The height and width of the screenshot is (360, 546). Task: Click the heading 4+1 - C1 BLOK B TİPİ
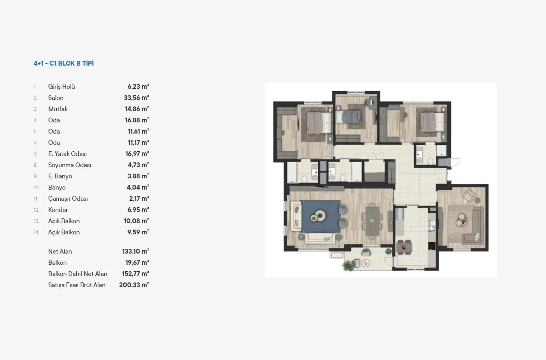pyautogui.click(x=64, y=63)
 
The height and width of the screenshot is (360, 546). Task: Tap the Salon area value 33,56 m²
pyautogui.click(x=136, y=98)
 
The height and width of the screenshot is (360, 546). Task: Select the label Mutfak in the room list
pyautogui.click(x=58, y=109)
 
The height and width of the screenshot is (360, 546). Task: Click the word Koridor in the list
pyautogui.click(x=58, y=210)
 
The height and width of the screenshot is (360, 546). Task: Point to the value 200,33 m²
pyautogui.click(x=134, y=285)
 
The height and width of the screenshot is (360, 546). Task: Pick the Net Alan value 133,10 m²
pyautogui.click(x=136, y=251)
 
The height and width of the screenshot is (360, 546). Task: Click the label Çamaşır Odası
pyautogui.click(x=68, y=198)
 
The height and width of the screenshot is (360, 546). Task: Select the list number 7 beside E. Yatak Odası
pyautogui.click(x=35, y=154)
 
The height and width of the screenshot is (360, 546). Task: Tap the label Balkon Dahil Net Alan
pyautogui.click(x=78, y=274)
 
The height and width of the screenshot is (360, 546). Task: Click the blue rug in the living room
pyautogui.click(x=321, y=216)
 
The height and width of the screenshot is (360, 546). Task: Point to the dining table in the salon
pyautogui.click(x=372, y=221)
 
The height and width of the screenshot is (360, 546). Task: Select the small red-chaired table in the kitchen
pyautogui.click(x=404, y=247)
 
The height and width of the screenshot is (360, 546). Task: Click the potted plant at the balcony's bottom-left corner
pyautogui.click(x=349, y=265)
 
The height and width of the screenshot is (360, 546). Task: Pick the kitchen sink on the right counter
pyautogui.click(x=432, y=225)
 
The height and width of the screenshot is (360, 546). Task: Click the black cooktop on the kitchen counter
pyautogui.click(x=432, y=246)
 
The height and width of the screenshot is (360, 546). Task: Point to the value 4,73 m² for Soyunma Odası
pyautogui.click(x=138, y=165)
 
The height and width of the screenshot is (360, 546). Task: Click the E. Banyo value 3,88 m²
pyautogui.click(x=138, y=176)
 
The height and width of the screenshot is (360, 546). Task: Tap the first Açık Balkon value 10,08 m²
pyautogui.click(x=136, y=221)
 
